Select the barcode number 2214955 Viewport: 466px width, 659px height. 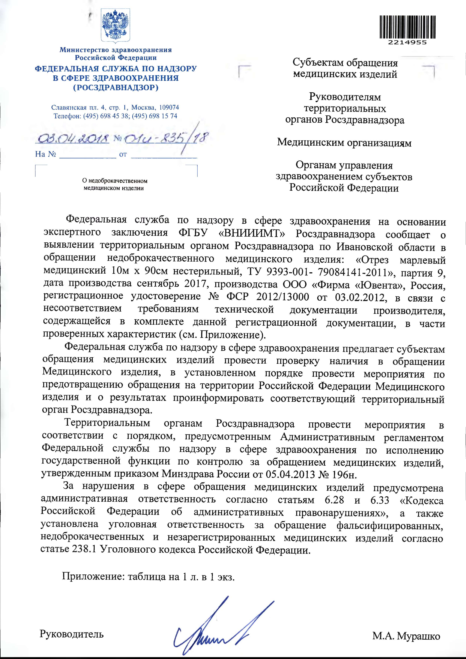(407, 42)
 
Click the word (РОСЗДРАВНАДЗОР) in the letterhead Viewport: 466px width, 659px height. (116, 88)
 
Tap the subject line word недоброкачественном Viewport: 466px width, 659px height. (118, 181)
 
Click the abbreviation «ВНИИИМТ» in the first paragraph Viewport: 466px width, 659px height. (252, 234)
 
